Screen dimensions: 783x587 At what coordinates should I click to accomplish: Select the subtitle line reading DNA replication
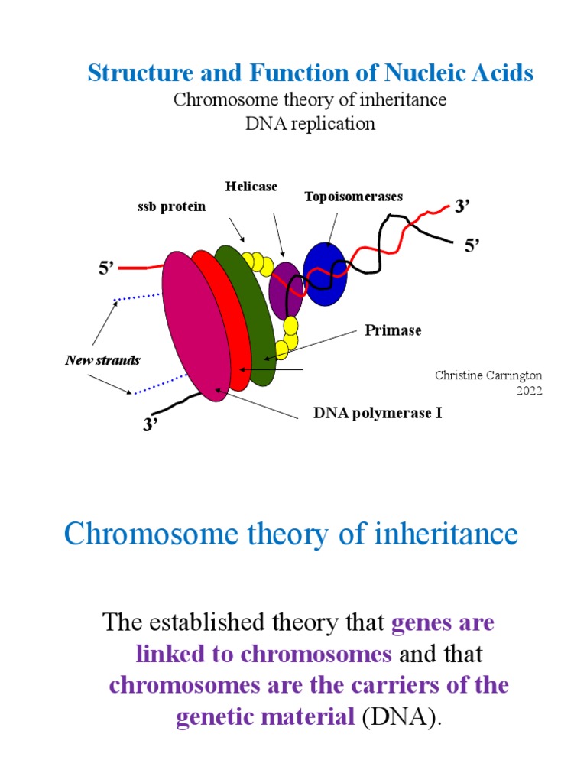(310, 123)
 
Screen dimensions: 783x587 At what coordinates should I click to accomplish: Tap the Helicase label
(251, 186)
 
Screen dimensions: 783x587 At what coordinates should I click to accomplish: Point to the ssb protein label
(172, 206)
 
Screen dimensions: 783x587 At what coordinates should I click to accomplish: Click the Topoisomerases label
(353, 197)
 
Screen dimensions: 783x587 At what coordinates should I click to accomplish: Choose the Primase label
(393, 330)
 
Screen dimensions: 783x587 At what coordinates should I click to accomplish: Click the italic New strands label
(102, 359)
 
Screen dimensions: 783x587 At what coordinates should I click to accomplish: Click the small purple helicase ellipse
(286, 291)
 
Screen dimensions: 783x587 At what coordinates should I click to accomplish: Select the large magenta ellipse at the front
(196, 325)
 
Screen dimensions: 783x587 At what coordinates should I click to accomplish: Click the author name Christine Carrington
(488, 375)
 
